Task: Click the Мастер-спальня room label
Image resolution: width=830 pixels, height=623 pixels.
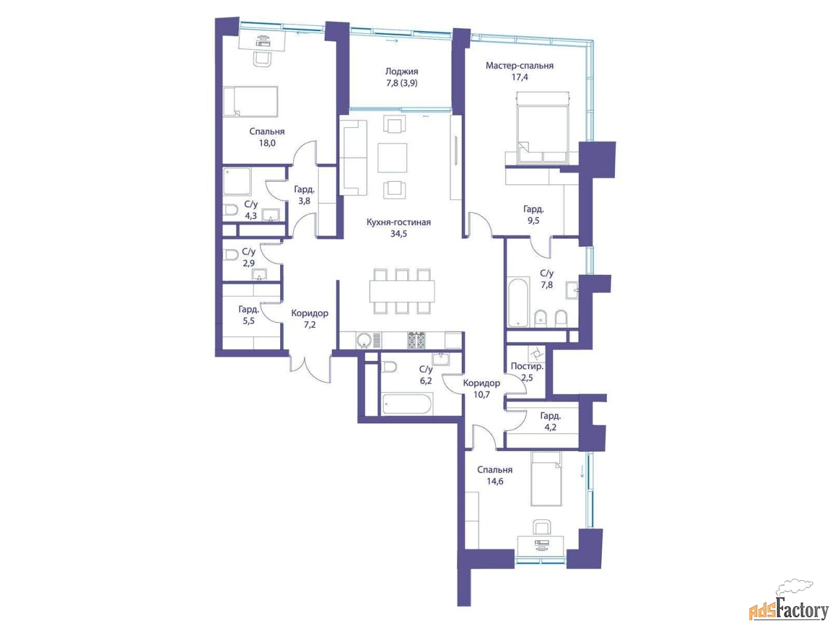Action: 519,66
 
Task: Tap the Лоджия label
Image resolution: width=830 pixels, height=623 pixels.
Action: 401,71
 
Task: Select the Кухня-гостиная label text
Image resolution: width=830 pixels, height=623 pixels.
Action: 399,222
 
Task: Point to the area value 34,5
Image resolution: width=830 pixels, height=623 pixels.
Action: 399,234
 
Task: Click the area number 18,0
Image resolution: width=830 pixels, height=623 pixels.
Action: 267,143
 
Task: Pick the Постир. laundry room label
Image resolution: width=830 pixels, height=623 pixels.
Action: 527,366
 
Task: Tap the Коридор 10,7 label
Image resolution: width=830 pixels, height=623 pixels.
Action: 482,389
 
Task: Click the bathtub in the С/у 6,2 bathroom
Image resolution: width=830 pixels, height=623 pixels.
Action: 407,404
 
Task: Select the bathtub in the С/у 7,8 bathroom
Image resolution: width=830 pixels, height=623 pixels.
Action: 518,302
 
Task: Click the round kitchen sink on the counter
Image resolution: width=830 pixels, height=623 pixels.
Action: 363,340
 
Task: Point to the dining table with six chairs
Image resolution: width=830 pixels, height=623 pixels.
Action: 401,291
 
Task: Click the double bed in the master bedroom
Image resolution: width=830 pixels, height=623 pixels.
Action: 543,127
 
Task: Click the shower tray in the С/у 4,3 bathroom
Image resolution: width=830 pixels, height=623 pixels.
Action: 237,181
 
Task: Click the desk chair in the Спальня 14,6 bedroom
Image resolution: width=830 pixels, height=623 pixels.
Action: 541,528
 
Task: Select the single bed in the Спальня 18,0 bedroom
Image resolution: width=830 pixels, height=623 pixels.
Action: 250,101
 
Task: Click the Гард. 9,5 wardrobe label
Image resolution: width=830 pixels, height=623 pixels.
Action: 533,215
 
